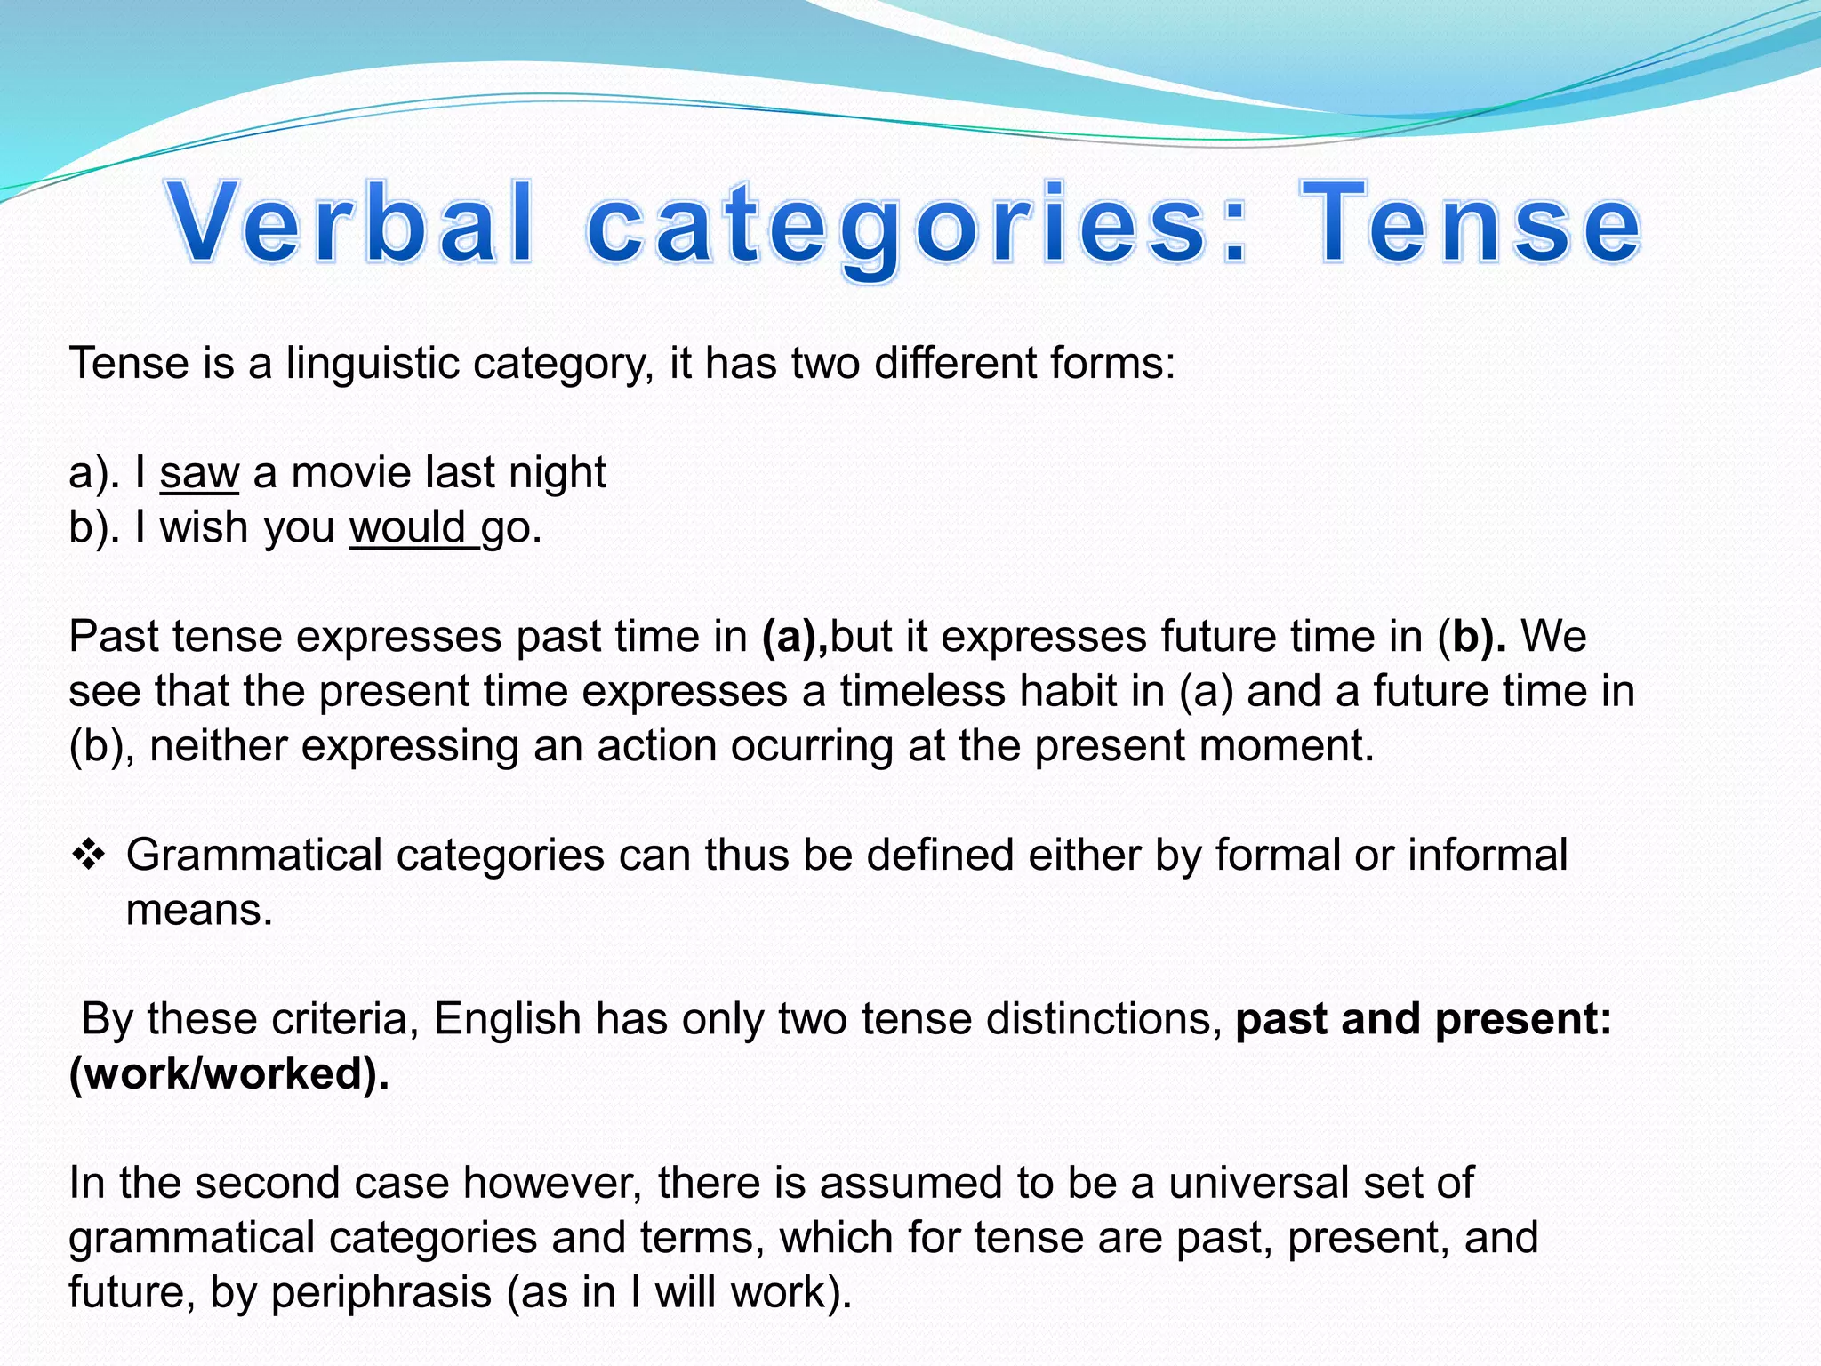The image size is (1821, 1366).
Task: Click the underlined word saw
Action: click(199, 473)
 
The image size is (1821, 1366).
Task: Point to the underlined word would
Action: click(408, 527)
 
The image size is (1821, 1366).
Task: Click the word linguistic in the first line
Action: click(373, 364)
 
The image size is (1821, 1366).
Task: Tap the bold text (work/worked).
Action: click(229, 1073)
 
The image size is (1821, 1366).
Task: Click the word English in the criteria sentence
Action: click(507, 1019)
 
